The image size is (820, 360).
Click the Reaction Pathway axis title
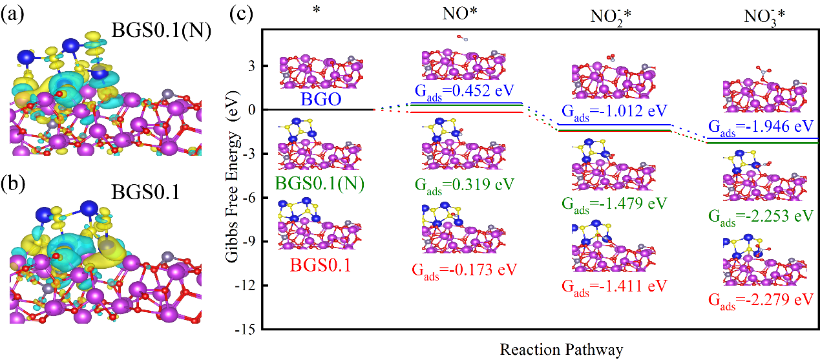(561, 350)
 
